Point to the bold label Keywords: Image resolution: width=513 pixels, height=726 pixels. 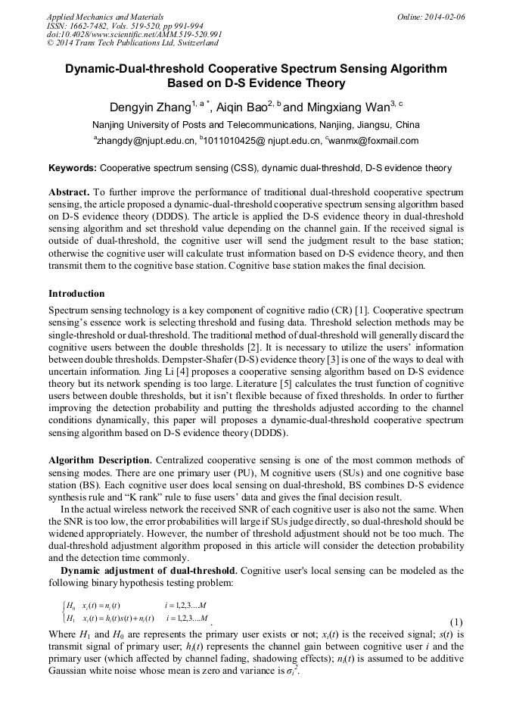(72, 168)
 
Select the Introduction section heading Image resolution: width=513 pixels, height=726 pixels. (76, 293)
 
